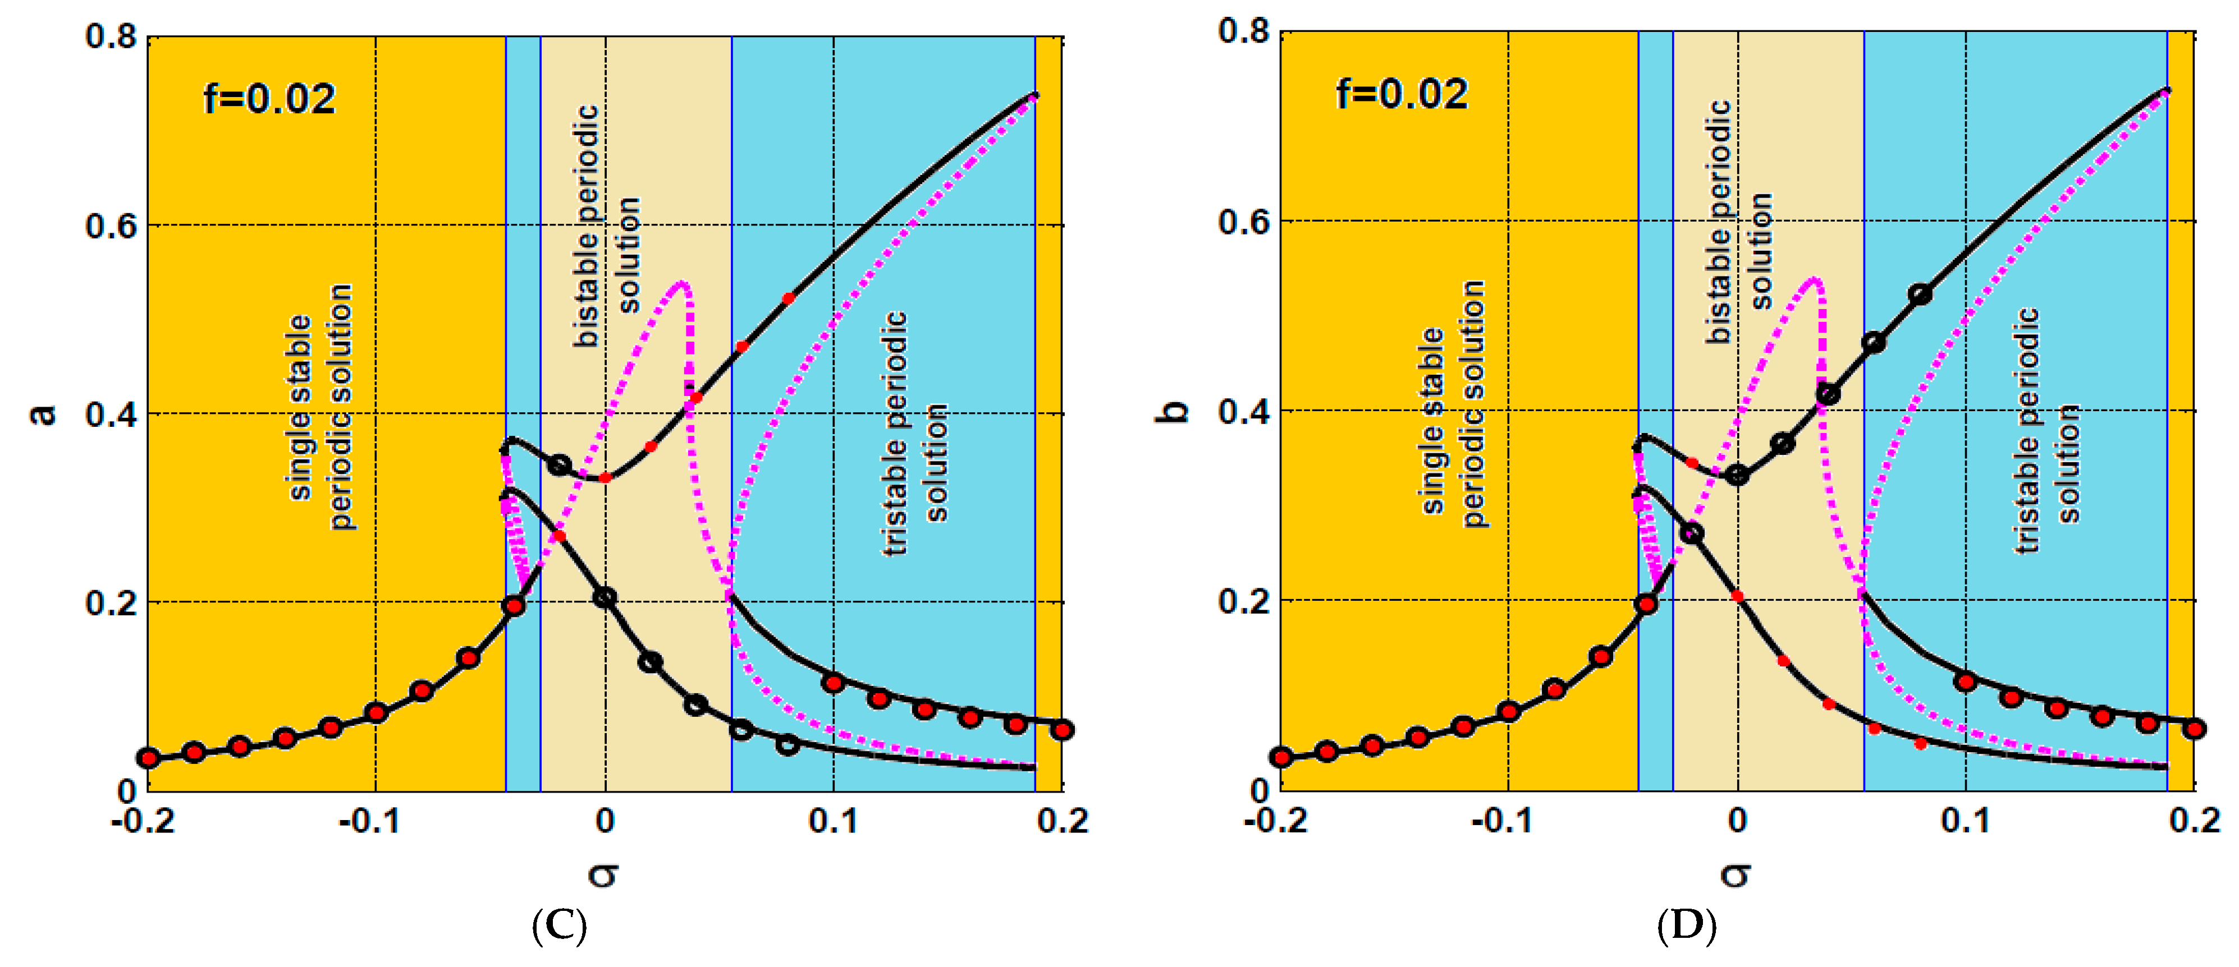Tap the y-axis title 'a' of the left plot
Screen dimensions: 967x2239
42,415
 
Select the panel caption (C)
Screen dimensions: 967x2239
559,926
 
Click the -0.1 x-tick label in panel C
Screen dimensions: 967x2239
369,821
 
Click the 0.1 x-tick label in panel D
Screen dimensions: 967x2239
1965,821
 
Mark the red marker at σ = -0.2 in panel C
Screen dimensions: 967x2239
149,758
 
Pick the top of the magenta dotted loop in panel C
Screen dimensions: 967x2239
683,283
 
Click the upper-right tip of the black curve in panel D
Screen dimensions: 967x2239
2166,90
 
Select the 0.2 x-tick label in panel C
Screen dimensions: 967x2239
1062,821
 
